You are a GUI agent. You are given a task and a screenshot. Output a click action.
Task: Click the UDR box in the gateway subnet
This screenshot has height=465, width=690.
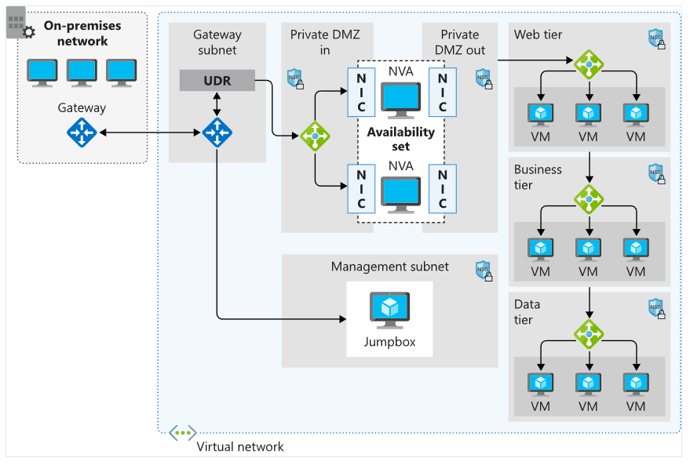pos(217,81)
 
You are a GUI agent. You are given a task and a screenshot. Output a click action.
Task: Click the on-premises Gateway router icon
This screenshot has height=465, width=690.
pos(81,133)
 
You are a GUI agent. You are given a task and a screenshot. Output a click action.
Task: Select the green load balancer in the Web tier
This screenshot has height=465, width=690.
pos(588,64)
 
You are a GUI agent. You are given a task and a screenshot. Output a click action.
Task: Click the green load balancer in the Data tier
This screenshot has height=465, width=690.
pos(588,333)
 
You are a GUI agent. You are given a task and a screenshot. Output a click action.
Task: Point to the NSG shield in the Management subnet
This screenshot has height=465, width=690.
pos(484,271)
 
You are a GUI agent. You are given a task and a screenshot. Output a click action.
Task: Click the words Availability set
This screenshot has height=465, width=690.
pos(400,140)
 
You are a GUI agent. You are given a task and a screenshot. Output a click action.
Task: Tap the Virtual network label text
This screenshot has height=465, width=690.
pos(240,447)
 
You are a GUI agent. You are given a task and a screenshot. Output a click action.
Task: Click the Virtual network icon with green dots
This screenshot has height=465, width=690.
pos(182,433)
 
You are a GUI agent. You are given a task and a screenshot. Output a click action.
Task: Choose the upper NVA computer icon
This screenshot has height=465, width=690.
pos(400,100)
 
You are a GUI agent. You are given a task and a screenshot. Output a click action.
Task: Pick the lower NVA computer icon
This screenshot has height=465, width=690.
pos(400,194)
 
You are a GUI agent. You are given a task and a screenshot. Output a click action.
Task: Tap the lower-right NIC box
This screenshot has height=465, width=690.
pos(443,188)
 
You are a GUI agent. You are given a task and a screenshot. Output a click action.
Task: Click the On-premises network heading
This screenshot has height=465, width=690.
pos(82,34)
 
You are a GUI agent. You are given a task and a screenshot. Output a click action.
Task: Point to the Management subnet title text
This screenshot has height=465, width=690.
pos(390,267)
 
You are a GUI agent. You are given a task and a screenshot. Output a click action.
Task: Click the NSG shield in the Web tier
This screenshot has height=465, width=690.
pos(656,38)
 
